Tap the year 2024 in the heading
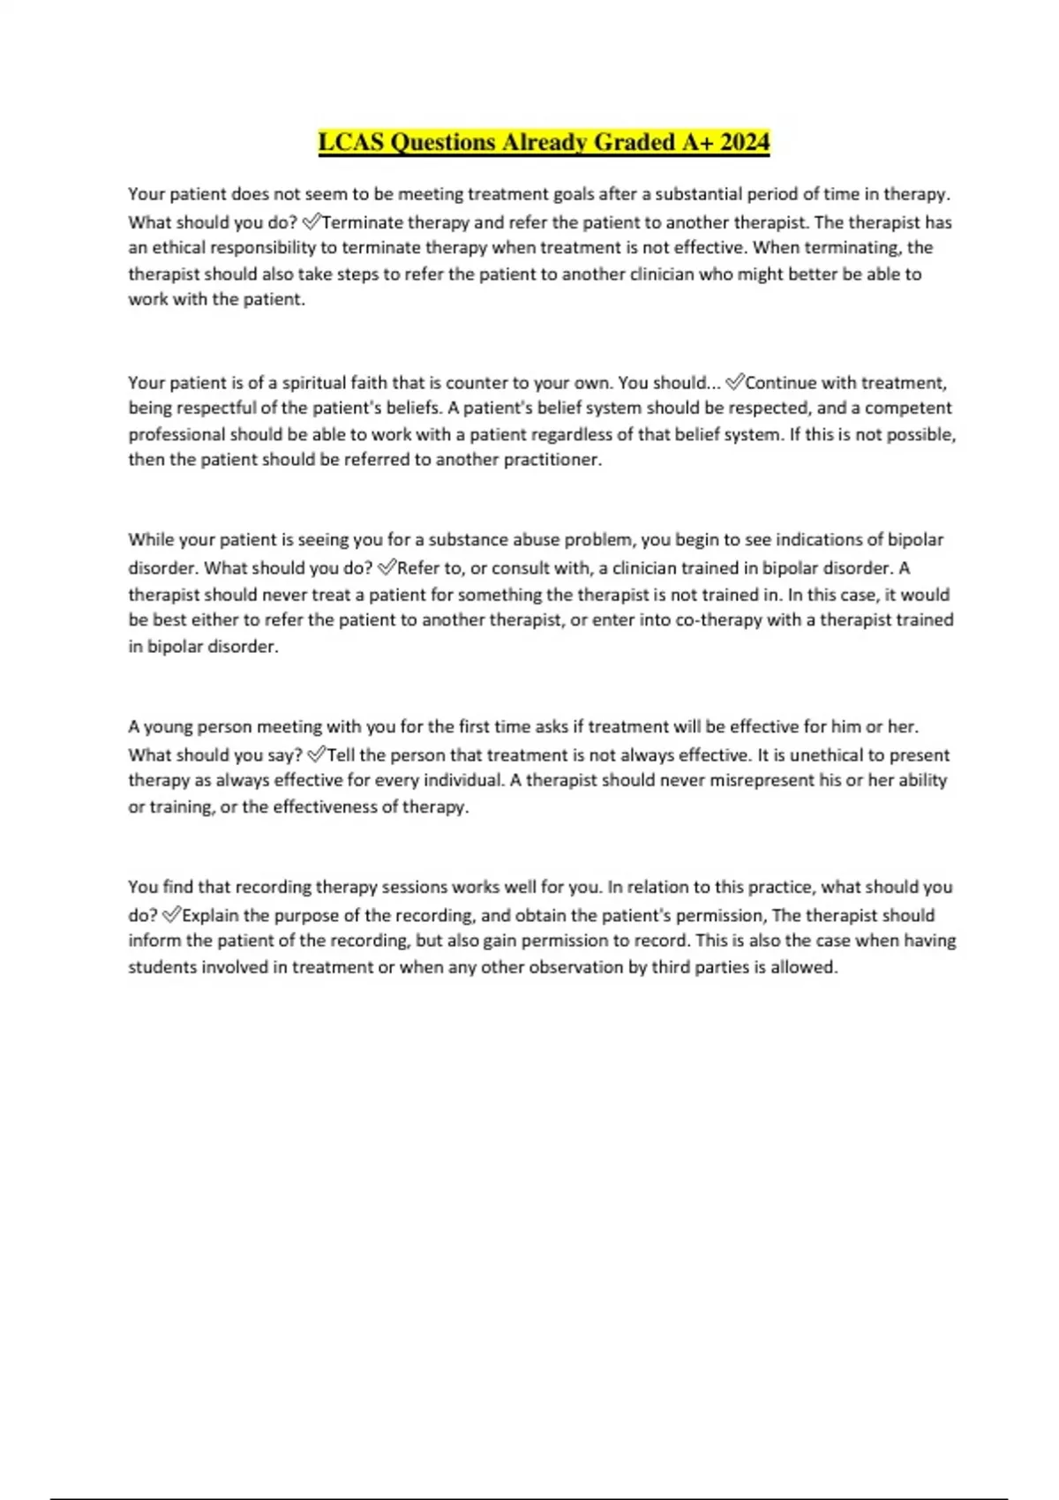(744, 142)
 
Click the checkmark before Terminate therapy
(312, 221)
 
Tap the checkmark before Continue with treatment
(734, 382)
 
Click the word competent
(908, 408)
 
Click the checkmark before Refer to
(387, 567)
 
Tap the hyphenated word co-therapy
(718, 619)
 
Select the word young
(168, 727)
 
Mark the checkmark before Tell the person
(317, 754)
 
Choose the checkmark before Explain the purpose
(171, 915)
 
